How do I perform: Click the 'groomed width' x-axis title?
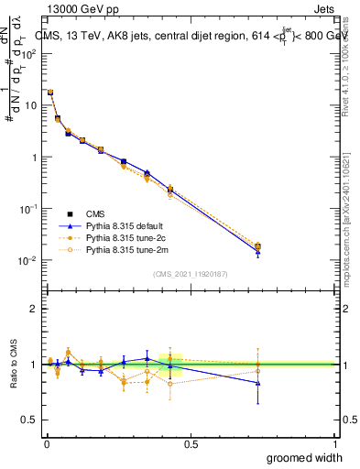(306, 457)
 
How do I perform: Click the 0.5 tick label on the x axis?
(190, 443)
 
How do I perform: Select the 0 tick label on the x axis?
(45, 443)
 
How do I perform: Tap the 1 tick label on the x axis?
(333, 443)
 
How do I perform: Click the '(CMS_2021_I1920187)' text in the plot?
(190, 274)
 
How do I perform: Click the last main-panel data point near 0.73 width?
(257, 246)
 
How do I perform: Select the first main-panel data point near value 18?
(50, 93)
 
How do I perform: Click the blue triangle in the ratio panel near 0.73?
(257, 383)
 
